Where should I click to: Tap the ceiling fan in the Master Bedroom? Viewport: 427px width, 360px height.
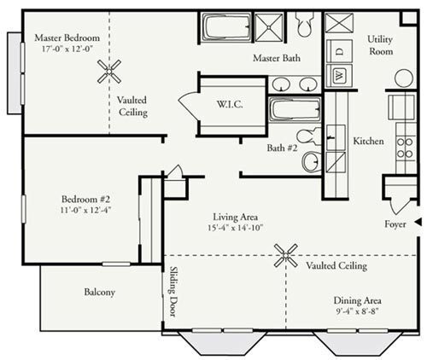pyautogui.click(x=108, y=75)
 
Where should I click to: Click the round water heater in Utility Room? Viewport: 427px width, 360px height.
pyautogui.click(x=403, y=78)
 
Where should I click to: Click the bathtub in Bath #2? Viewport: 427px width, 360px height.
pyautogui.click(x=295, y=111)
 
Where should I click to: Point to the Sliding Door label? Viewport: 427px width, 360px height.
pyautogui.click(x=173, y=291)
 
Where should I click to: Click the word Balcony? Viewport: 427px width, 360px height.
pyautogui.click(x=100, y=292)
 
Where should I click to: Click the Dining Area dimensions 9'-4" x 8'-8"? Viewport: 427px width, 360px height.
pyautogui.click(x=358, y=314)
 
